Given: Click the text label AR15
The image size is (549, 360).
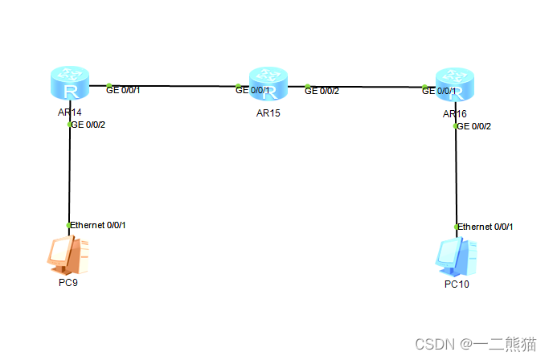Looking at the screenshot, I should pyautogui.click(x=268, y=112).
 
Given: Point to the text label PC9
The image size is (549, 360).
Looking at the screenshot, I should pyautogui.click(x=68, y=283).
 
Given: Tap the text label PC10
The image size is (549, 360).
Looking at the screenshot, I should pyautogui.click(x=456, y=284).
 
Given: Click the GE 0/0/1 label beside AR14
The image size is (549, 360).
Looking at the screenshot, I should pyautogui.click(x=124, y=90).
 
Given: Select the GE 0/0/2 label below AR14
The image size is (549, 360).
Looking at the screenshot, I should pyautogui.click(x=88, y=125).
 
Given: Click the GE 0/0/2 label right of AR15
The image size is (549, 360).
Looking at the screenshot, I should pyautogui.click(x=322, y=91).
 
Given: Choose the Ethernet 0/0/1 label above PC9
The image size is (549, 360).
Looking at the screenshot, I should pyautogui.click(x=98, y=225).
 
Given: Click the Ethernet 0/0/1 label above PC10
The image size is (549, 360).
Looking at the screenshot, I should pyautogui.click(x=485, y=227).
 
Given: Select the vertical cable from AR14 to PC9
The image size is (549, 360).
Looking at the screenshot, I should pyautogui.click(x=70, y=177).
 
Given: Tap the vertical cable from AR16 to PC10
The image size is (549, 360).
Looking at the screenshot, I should pyautogui.click(x=456, y=177).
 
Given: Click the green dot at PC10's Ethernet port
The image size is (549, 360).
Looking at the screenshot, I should pyautogui.click(x=457, y=227).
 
